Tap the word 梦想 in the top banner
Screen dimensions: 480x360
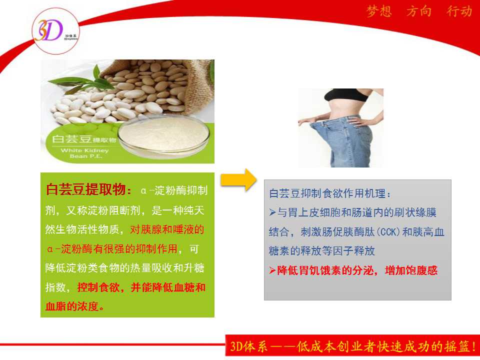click(x=379, y=11)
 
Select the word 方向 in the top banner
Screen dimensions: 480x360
click(x=419, y=11)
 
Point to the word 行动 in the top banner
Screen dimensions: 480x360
click(x=459, y=11)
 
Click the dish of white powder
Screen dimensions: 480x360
click(x=164, y=136)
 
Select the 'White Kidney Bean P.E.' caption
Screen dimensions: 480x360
click(x=85, y=153)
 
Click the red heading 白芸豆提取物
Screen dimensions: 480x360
click(x=85, y=189)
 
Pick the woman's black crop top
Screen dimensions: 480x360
click(x=346, y=95)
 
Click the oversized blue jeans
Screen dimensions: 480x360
click(x=343, y=141)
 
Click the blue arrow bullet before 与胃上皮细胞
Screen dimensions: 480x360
click(x=272, y=212)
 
